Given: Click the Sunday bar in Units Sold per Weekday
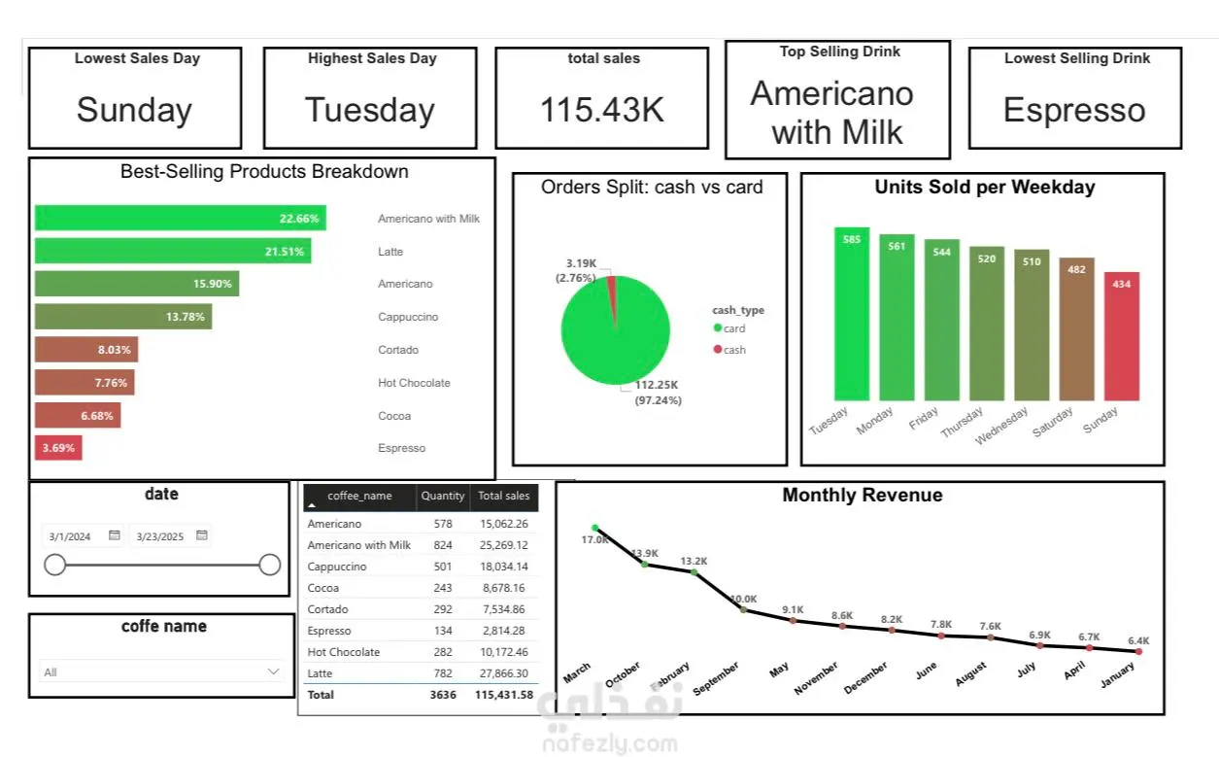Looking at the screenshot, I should (x=1121, y=336).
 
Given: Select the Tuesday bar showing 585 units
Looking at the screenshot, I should (x=852, y=314).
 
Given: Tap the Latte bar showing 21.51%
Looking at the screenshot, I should (x=173, y=251).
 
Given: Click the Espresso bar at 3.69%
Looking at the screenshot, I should (x=58, y=448).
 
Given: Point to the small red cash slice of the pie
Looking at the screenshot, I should (x=612, y=282).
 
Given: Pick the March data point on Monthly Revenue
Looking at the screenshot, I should (x=595, y=529).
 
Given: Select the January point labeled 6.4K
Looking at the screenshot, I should (x=1138, y=652).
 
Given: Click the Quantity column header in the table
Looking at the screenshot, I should (x=443, y=496).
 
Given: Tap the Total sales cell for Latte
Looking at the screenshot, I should (x=504, y=673).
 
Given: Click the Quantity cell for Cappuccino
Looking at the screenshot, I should (x=443, y=567).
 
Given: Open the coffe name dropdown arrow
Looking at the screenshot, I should (x=273, y=671).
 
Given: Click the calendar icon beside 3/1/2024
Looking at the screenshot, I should (x=115, y=535).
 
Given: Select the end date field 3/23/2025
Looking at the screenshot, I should (x=160, y=536).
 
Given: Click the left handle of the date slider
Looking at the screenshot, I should (x=55, y=565).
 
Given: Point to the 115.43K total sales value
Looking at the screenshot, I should (x=602, y=110).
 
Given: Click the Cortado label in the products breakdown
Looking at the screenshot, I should (x=398, y=350).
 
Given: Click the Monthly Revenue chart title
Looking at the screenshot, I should (x=862, y=496).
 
